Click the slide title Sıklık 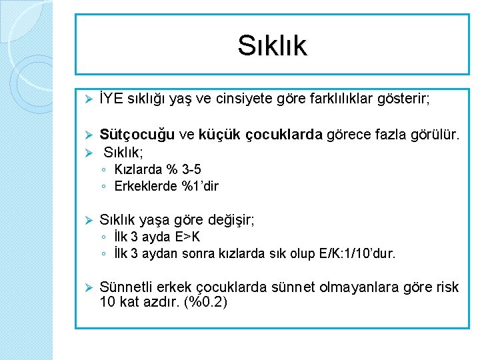[272, 45]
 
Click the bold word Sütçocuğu [137, 135]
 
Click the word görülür [435, 135]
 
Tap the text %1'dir [200, 186]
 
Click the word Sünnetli [126, 287]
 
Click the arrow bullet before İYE [85, 99]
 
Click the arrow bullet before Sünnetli [85, 287]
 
